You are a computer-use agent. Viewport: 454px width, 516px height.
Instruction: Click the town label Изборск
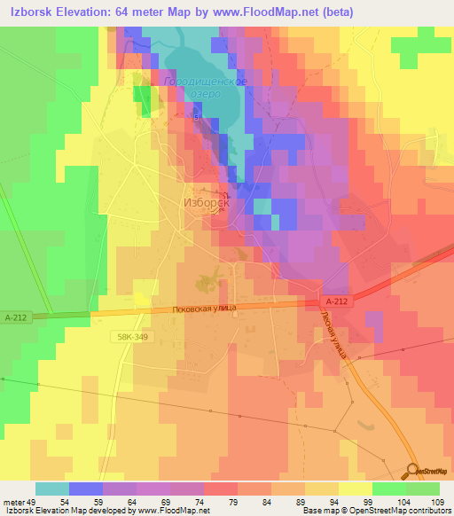pyautogui.click(x=206, y=202)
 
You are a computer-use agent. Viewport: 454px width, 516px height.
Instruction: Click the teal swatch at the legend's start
pyautogui.click(x=51, y=489)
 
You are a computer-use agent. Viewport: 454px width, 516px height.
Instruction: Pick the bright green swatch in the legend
pyautogui.click(x=388, y=489)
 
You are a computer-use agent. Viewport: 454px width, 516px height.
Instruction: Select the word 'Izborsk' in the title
pyautogui.click(x=30, y=12)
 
